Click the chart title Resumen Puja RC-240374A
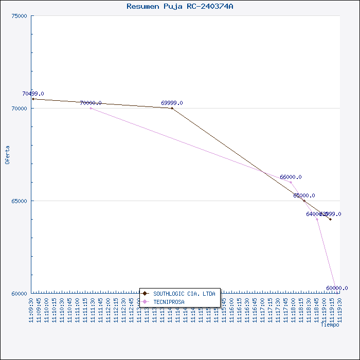179,6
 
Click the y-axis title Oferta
7,154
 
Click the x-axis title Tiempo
330,325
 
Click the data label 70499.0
33,94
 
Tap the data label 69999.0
172,103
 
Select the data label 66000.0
291,177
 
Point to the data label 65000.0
304,195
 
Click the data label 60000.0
337,288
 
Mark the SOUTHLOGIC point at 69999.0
172,108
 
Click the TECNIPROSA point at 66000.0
291,182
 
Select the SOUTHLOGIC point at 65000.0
304,201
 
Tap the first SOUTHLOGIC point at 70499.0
33,99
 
